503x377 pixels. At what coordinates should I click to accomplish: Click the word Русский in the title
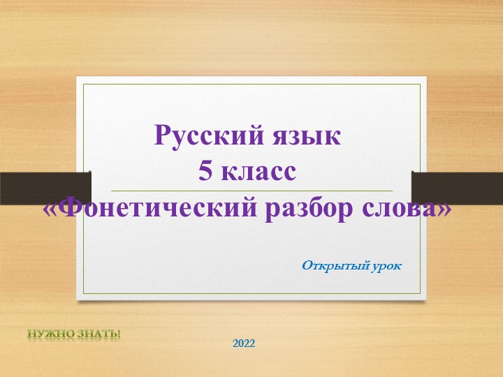pos(203,134)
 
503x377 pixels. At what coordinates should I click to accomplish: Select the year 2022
pos(244,343)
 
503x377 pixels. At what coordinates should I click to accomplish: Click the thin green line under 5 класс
pos(251,191)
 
